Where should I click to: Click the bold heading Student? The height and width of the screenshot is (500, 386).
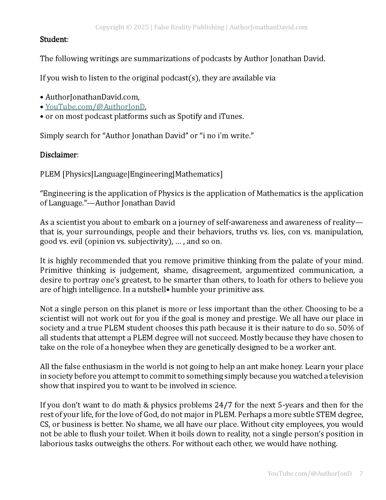point(54,39)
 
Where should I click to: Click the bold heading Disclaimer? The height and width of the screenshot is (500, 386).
point(58,155)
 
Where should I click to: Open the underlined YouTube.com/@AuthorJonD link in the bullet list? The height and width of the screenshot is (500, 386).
point(95,107)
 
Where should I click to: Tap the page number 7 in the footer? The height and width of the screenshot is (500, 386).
point(361,473)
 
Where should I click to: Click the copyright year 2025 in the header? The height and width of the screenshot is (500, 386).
point(141,27)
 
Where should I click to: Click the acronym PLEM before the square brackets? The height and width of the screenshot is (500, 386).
point(50,174)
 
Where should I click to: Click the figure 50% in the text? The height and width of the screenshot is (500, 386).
point(346,328)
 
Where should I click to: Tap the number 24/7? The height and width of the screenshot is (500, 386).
point(223,405)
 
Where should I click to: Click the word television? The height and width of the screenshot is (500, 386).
point(346,376)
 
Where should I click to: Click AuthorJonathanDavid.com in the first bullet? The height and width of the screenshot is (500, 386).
point(92,97)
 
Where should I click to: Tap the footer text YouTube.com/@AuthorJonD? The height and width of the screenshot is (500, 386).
point(309,473)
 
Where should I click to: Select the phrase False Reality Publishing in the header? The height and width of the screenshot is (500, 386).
point(189,27)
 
